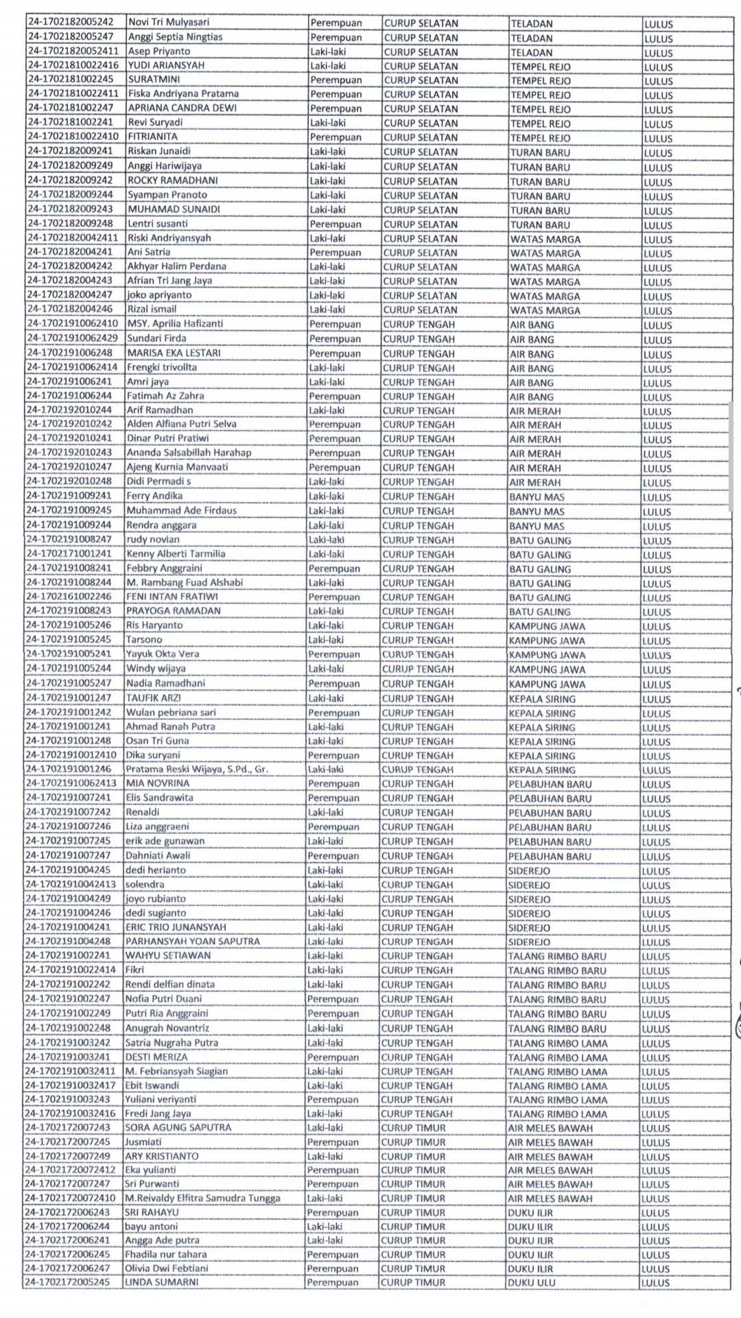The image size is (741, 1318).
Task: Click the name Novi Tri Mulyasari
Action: [168, 23]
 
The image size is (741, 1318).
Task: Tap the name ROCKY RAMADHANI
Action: [172, 181]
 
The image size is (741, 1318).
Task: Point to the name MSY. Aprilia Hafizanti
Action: [175, 323]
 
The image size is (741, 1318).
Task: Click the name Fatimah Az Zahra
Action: [165, 395]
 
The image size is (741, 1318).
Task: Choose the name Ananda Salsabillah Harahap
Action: [189, 452]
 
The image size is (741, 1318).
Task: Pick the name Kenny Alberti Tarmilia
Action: [175, 553]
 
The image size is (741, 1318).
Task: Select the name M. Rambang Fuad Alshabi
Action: [184, 582]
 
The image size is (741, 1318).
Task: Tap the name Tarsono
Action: [143, 639]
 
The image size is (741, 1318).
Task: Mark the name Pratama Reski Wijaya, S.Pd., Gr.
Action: [196, 769]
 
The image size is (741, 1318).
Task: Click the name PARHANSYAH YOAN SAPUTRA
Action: [192, 941]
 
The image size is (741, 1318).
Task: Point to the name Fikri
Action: [134, 970]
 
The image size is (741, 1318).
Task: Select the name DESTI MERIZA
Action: [156, 1056]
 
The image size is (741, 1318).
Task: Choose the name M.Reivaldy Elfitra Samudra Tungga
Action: [202, 1198]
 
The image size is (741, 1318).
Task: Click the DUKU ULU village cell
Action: [532, 1282]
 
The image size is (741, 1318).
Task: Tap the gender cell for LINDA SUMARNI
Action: [333, 1282]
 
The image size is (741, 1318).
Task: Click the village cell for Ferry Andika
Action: [537, 496]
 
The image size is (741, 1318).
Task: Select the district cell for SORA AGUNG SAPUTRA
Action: [413, 1127]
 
